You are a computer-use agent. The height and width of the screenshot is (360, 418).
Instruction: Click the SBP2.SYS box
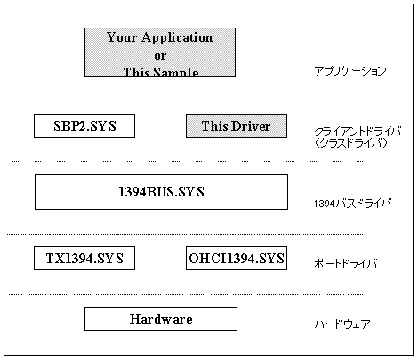pos(84,125)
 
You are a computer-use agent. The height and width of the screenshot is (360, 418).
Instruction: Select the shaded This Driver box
pos(237,125)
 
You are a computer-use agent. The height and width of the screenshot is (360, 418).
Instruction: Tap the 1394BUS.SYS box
pos(161,192)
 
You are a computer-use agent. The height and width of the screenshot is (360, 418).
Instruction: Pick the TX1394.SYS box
pos(84,258)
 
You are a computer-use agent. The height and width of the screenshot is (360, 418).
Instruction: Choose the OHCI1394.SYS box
pos(237,258)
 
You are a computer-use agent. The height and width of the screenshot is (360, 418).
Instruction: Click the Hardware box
pos(161,318)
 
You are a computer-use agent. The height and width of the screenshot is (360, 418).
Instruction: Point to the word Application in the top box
pos(177,37)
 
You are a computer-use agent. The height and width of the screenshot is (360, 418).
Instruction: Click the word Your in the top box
pos(122,37)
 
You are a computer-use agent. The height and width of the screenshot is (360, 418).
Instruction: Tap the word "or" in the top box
pos(160,56)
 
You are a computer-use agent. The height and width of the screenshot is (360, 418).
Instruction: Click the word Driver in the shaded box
pos(251,126)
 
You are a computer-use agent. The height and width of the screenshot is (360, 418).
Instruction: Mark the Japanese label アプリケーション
pos(350,71)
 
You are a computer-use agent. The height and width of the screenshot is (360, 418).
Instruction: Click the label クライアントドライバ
pos(358,131)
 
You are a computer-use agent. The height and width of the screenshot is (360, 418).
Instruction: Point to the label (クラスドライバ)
pos(351,143)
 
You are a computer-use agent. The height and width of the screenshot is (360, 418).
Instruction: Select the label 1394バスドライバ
pos(353,204)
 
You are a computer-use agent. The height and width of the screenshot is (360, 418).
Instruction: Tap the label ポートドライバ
pos(346,263)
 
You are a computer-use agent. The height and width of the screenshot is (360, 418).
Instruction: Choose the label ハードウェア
pos(342,324)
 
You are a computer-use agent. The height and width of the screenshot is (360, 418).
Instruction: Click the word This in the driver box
pos(215,126)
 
